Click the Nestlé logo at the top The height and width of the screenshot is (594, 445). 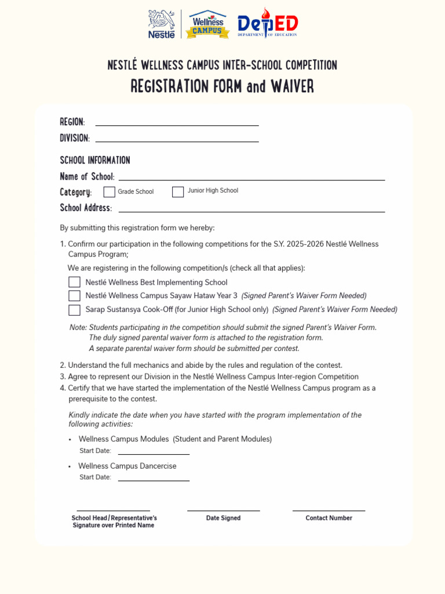[x=162, y=24]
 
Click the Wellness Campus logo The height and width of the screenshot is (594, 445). [x=207, y=24]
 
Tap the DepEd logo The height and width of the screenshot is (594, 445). [x=268, y=24]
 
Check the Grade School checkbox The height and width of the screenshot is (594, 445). [x=110, y=192]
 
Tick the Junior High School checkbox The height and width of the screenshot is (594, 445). [x=178, y=192]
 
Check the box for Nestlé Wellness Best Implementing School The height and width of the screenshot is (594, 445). [x=74, y=282]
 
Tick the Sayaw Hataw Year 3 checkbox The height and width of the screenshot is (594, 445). [x=74, y=296]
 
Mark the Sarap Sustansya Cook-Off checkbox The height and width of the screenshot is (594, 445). [x=74, y=310]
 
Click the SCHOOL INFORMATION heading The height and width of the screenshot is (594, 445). [x=95, y=160]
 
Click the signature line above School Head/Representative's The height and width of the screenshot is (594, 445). [x=114, y=509]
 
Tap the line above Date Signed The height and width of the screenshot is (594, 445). [x=223, y=509]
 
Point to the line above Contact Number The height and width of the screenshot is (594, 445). [x=329, y=509]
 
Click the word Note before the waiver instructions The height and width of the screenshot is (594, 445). [x=78, y=327]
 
